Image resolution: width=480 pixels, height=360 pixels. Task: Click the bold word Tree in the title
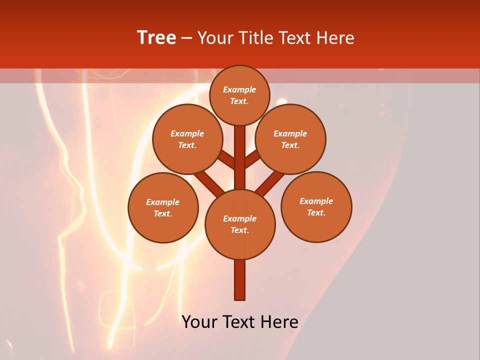(x=156, y=38)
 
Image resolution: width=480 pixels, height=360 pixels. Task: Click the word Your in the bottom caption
(x=200, y=322)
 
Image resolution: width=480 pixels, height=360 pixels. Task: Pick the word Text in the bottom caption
(x=239, y=322)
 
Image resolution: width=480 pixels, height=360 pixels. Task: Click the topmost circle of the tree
(x=239, y=95)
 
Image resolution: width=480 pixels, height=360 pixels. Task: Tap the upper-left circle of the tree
(x=187, y=139)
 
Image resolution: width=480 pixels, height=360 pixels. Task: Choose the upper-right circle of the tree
(x=290, y=139)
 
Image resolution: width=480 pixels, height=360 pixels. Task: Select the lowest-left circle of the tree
(x=163, y=207)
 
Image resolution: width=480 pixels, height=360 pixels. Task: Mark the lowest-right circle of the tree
(x=316, y=206)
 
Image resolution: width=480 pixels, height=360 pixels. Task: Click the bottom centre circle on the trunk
(x=239, y=224)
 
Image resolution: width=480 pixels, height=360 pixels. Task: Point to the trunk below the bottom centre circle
(x=239, y=280)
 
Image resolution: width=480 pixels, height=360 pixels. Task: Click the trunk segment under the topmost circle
(x=239, y=150)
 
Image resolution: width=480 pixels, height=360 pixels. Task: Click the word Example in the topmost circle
(x=239, y=89)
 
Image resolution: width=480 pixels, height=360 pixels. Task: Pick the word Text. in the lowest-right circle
(x=316, y=212)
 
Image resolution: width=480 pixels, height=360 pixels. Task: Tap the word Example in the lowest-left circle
(x=163, y=202)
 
